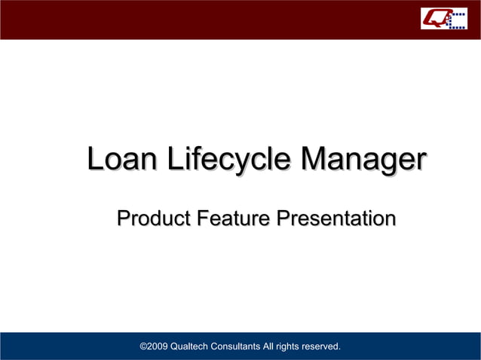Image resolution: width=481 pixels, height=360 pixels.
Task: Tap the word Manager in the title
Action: pos(363,160)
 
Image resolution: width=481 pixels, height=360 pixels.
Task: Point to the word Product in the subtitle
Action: pos(152,219)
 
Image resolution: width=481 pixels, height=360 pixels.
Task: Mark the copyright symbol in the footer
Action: pos(145,346)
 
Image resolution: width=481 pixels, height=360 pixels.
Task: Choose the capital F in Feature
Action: pos(202,219)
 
